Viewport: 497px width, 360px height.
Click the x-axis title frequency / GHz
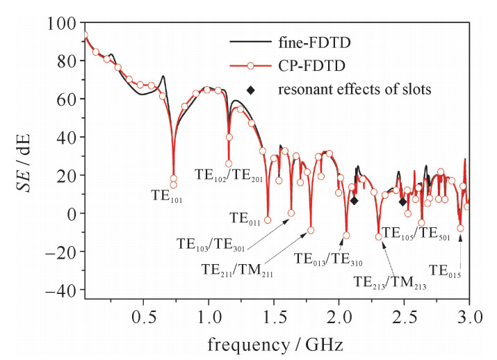coord(277,344)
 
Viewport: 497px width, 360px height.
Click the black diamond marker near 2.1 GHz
coord(354,201)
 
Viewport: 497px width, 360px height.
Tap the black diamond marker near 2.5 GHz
coord(402,202)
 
